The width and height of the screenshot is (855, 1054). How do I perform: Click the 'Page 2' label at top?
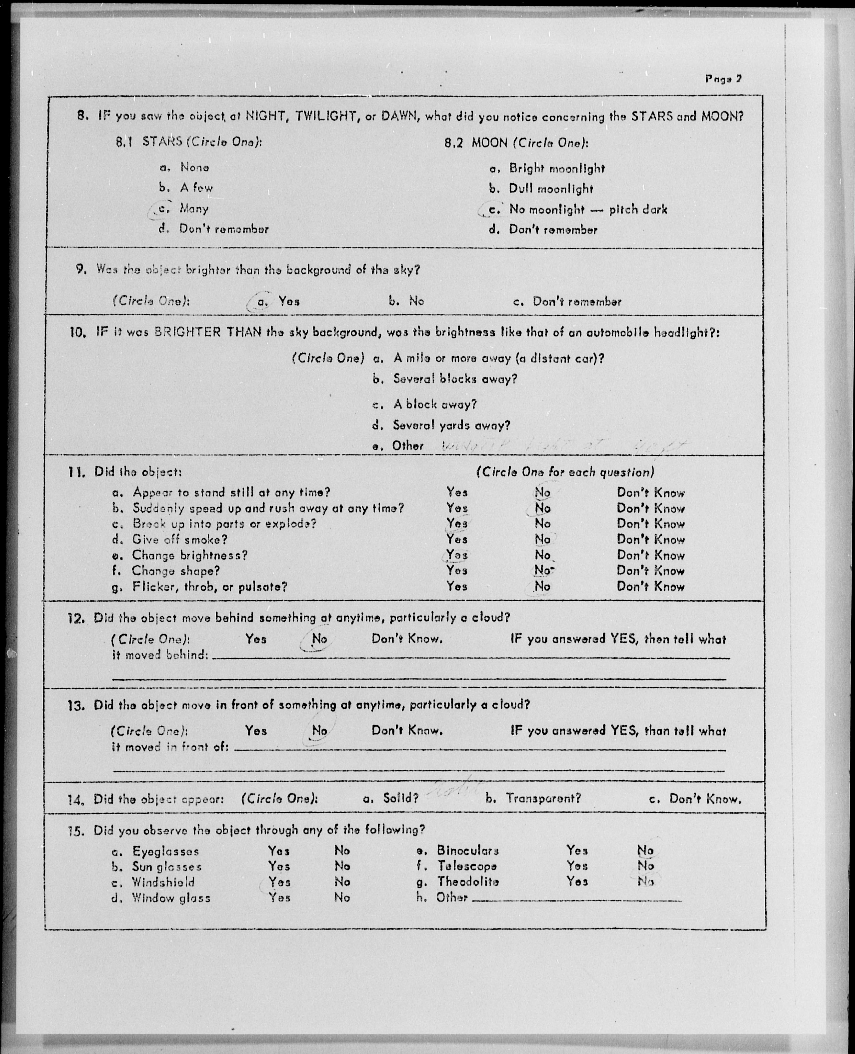tap(723, 79)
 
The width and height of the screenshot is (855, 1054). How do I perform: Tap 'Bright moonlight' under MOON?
tap(556, 168)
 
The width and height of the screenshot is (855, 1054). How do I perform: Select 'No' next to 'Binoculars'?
tap(645, 850)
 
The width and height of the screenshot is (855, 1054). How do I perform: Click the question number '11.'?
tap(77, 472)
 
